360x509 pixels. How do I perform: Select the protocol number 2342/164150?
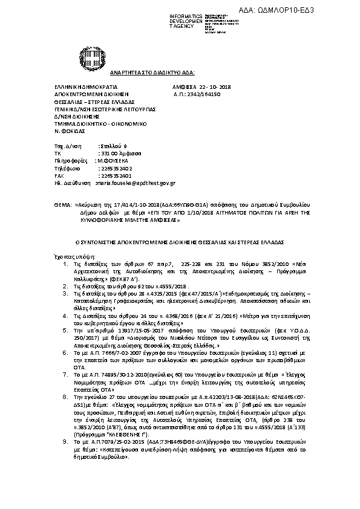(201, 95)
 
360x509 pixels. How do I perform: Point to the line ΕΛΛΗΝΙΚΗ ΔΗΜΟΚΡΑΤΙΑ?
(82, 87)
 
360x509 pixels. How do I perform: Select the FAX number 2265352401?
(115, 175)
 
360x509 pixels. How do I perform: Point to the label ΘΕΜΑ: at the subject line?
(62, 206)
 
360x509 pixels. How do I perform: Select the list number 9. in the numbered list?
(65, 443)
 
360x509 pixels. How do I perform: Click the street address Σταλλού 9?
(113, 146)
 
